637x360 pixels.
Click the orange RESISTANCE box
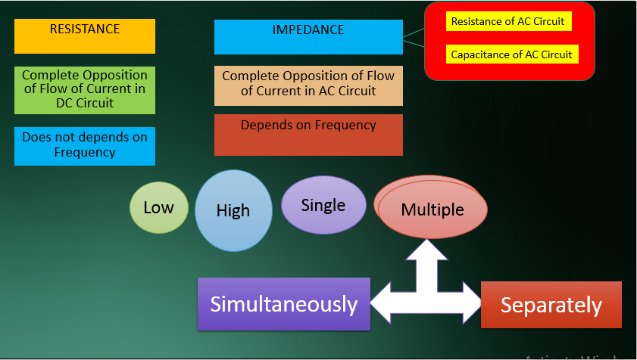point(85,36)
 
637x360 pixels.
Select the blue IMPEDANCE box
point(308,37)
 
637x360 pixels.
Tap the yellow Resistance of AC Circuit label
point(507,22)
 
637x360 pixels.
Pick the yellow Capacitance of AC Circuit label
point(511,54)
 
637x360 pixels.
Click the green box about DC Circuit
point(85,90)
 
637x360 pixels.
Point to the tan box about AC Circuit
point(308,85)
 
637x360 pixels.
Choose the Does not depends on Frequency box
point(85,145)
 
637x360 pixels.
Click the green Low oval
point(158,207)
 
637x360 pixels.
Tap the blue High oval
point(233,210)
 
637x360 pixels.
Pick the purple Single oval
point(323,205)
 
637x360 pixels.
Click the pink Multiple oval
point(432,209)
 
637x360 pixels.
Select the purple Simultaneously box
point(284,304)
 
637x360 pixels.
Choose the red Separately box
point(551,306)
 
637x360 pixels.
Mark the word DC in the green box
point(65,103)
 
